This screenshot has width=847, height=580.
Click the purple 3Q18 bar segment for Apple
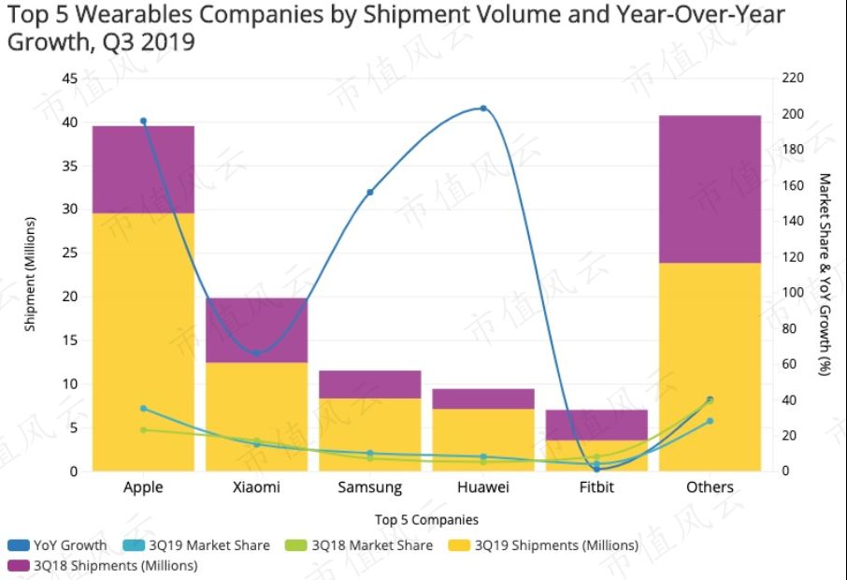pyautogui.click(x=143, y=169)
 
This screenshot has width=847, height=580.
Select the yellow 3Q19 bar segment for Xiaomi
pyautogui.click(x=256, y=416)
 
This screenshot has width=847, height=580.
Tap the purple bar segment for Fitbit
pyautogui.click(x=596, y=425)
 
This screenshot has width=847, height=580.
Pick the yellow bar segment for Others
pyautogui.click(x=710, y=367)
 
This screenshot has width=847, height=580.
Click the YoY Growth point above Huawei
pyautogui.click(x=483, y=109)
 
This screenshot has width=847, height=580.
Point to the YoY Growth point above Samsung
pyautogui.click(x=370, y=192)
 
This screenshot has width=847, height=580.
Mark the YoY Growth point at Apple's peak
pyautogui.click(x=143, y=121)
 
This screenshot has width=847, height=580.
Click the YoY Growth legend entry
pyautogui.click(x=60, y=545)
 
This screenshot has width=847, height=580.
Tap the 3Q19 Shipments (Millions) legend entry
pyautogui.click(x=546, y=545)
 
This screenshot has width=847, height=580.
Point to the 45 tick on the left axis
pyautogui.click(x=69, y=79)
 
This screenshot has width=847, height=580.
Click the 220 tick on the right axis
pyautogui.click(x=793, y=79)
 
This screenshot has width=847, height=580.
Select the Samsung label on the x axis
pyautogui.click(x=370, y=487)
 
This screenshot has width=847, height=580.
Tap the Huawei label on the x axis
pyautogui.click(x=483, y=487)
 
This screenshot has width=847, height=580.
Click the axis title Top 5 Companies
pyautogui.click(x=426, y=519)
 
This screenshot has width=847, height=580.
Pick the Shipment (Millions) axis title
pyautogui.click(x=29, y=273)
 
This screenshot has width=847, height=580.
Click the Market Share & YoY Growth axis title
pyautogui.click(x=825, y=273)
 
